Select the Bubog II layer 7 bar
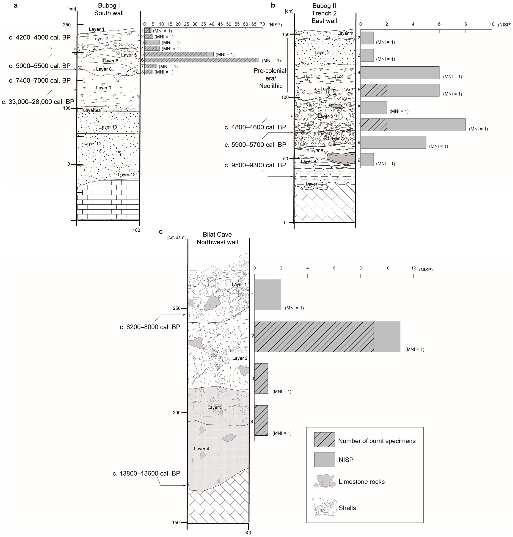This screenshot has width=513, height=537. click(x=413, y=125)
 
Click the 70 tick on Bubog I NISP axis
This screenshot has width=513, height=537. click(x=262, y=24)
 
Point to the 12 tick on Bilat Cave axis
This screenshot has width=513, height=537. click(x=413, y=268)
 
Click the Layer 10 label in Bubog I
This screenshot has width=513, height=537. click(x=108, y=127)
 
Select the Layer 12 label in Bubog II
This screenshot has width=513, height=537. click(x=315, y=184)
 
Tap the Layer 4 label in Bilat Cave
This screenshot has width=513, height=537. click(x=202, y=449)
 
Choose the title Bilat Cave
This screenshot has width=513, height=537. click(x=217, y=234)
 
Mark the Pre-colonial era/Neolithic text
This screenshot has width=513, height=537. click(x=270, y=78)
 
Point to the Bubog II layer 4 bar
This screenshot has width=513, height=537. click(x=400, y=73)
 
